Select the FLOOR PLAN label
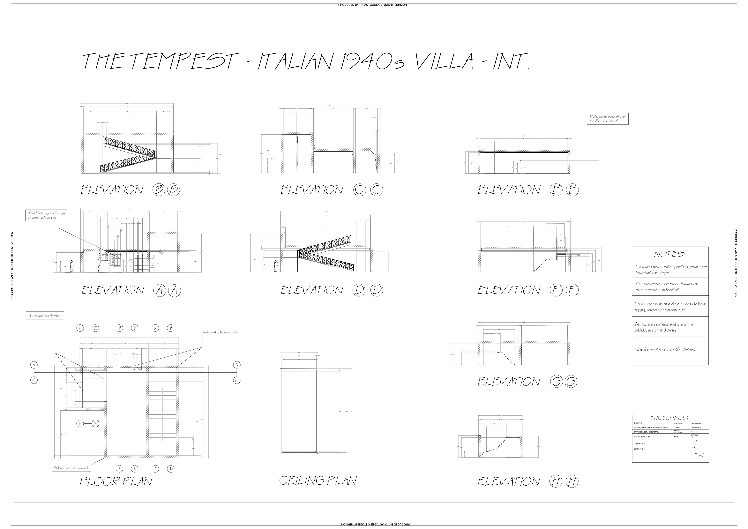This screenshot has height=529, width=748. [x=116, y=482]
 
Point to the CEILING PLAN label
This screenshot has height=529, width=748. [x=318, y=481]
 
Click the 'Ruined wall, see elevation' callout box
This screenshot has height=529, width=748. [x=45, y=316]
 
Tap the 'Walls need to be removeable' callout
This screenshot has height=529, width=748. [x=220, y=332]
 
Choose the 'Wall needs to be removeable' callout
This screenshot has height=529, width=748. [x=72, y=468]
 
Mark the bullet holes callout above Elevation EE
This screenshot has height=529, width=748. [x=608, y=119]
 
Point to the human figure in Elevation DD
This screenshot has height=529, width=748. [x=276, y=266]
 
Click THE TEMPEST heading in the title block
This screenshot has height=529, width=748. [x=670, y=418]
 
